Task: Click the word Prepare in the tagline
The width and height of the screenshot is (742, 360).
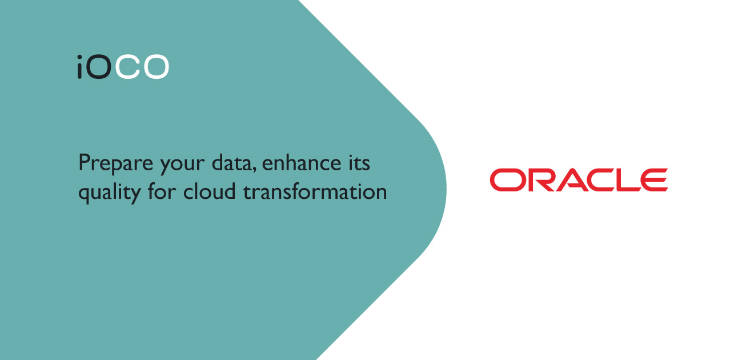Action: pyautogui.click(x=115, y=163)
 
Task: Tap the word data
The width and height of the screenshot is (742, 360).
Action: pyautogui.click(x=231, y=162)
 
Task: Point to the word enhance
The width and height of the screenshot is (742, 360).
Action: pyautogui.click(x=302, y=162)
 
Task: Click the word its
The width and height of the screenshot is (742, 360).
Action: pyautogui.click(x=359, y=162)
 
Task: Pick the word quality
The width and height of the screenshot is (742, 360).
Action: pyautogui.click(x=110, y=193)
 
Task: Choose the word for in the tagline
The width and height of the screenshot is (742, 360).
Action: pyautogui.click(x=162, y=191)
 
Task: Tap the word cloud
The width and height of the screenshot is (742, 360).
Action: pyautogui.click(x=210, y=191)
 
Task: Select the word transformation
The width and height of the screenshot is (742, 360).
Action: pyautogui.click(x=315, y=191)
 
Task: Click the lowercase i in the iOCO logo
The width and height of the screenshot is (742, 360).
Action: pyautogui.click(x=79, y=67)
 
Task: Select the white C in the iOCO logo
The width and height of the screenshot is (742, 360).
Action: pyautogui.click(x=127, y=67)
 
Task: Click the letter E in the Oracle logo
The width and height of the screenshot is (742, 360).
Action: pyautogui.click(x=653, y=180)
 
